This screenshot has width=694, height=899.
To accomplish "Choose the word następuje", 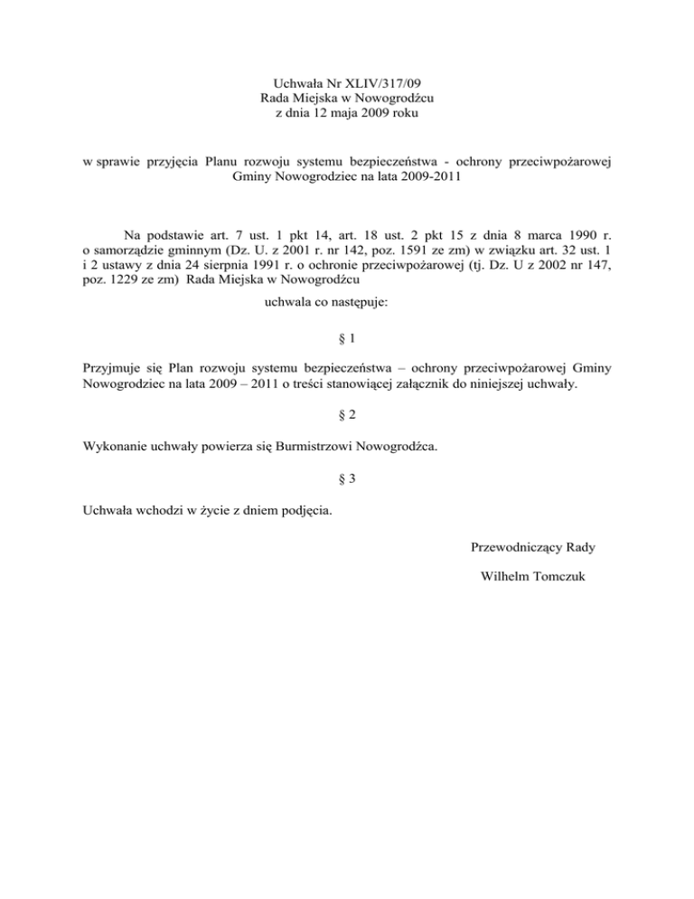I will pyautogui.click(x=356, y=306).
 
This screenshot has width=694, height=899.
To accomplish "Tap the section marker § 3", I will pyautogui.click(x=347, y=480).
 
